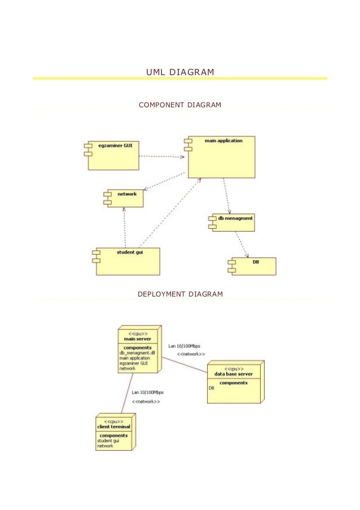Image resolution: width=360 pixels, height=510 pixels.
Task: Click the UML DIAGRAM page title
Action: pos(180,72)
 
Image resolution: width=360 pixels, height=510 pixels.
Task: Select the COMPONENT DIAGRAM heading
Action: pos(180,105)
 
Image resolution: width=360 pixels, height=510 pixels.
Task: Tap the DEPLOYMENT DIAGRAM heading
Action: pos(180,294)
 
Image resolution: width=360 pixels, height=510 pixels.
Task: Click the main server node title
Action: pos(137,339)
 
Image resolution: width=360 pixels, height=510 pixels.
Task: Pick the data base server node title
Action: pos(233,374)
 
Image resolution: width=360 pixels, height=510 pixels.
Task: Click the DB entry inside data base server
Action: pos(212,388)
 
